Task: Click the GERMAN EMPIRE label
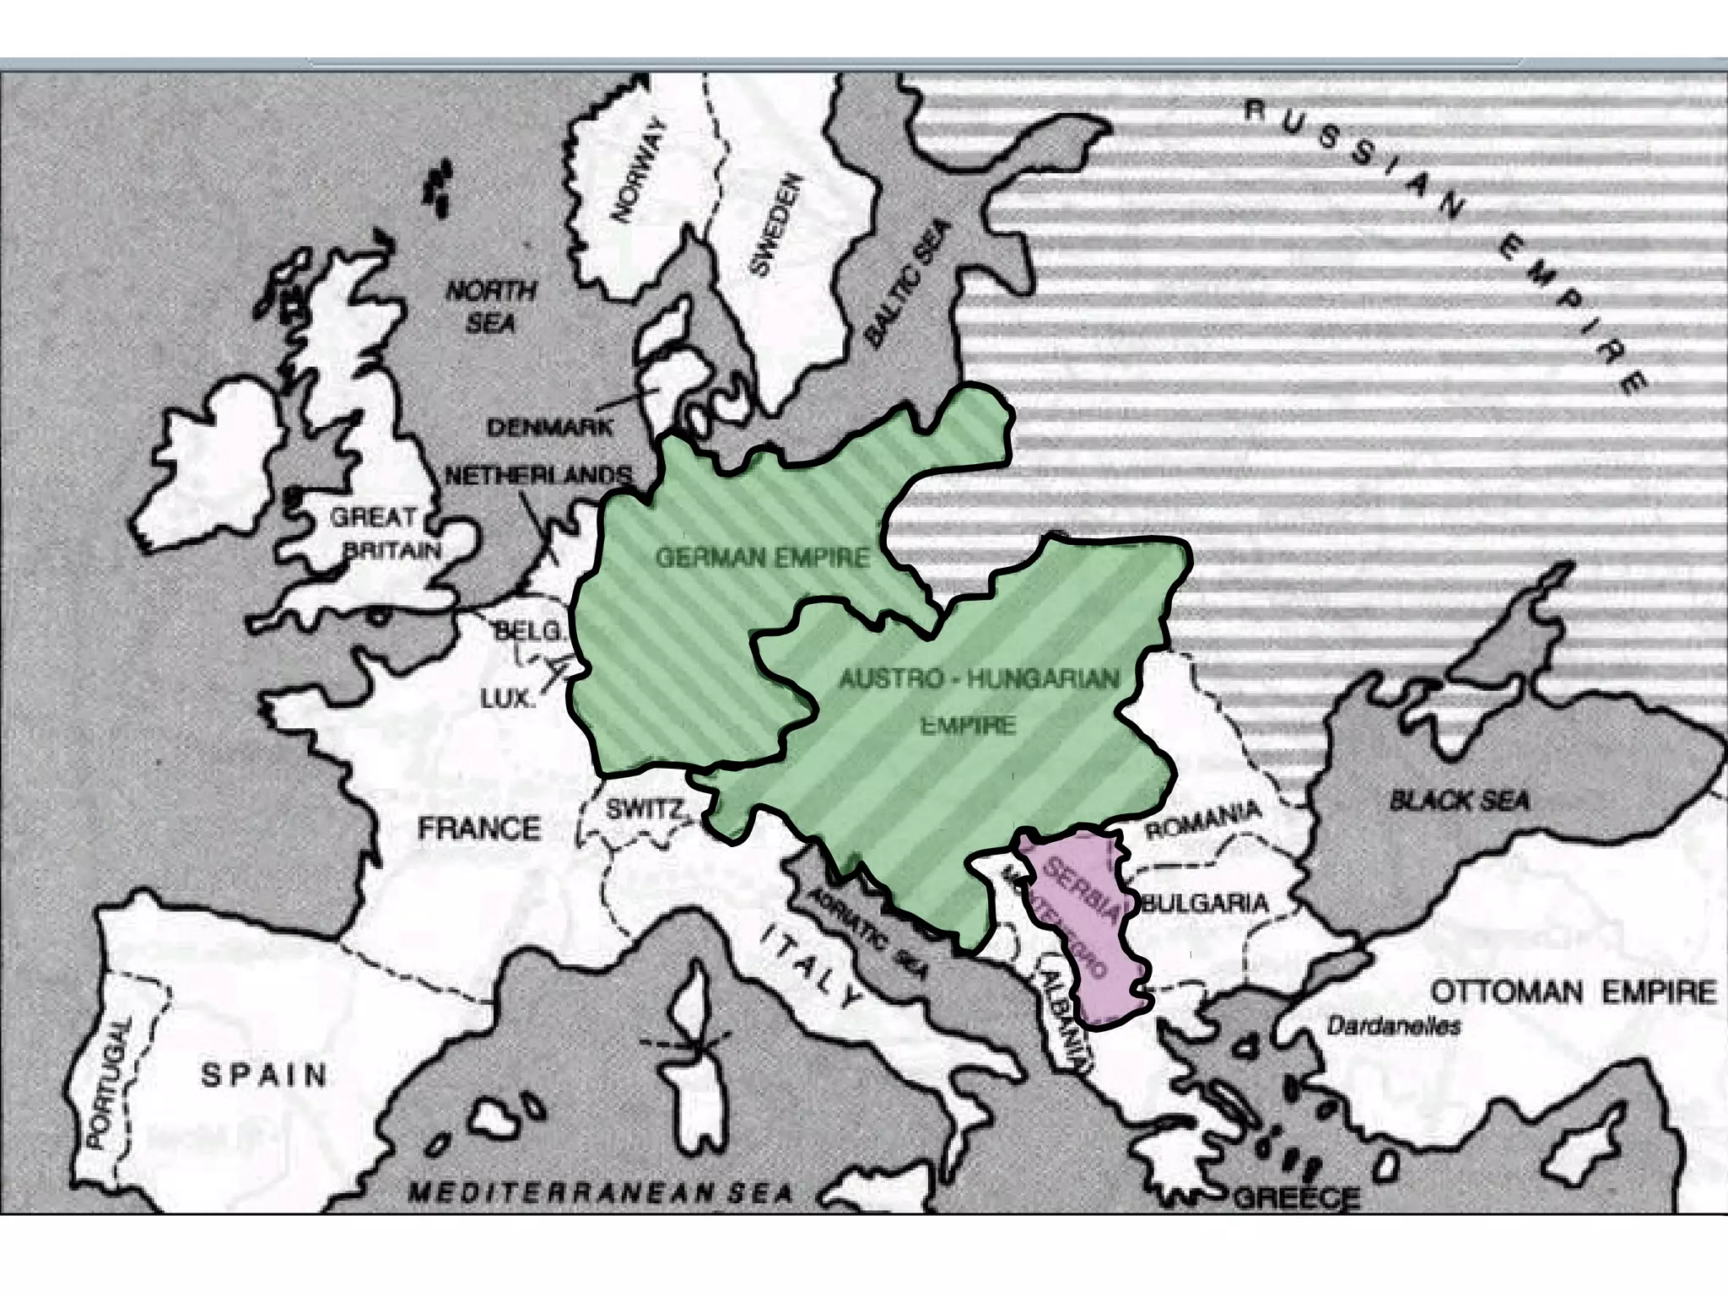[x=762, y=558]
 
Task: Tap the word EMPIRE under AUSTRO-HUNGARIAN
[x=967, y=725]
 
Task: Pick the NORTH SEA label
[x=490, y=306]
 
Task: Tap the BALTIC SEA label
[x=908, y=283]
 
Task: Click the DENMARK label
[x=550, y=428]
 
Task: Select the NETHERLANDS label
[x=538, y=476]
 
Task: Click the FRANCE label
[x=479, y=829]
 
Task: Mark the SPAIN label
[x=264, y=1075]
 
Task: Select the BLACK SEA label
[x=1460, y=800]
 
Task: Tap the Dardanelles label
[x=1393, y=1027]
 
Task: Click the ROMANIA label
[x=1203, y=820]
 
